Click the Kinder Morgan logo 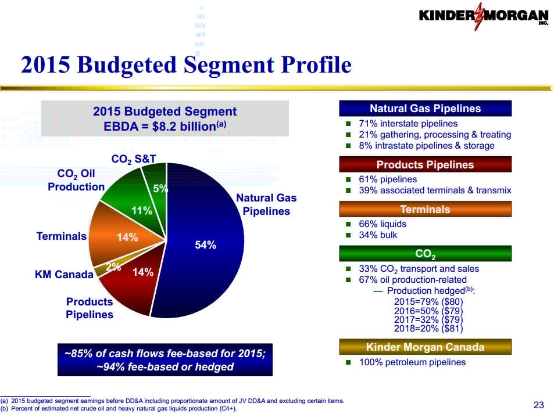coord(484,16)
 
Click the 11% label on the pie coord(142,211)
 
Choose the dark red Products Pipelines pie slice coord(138,282)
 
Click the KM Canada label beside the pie coord(64,274)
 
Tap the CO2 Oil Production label coord(76,180)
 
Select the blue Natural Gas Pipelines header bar coord(425,109)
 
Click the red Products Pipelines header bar coord(425,164)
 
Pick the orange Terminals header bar coord(425,209)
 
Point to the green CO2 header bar coord(425,253)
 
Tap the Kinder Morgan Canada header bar coord(425,347)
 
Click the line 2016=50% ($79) coord(428,311)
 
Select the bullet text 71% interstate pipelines coord(408,124)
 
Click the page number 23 coord(538,405)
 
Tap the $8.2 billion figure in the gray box coord(184,127)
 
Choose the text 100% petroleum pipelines coord(412,362)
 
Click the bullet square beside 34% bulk coord(348,235)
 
